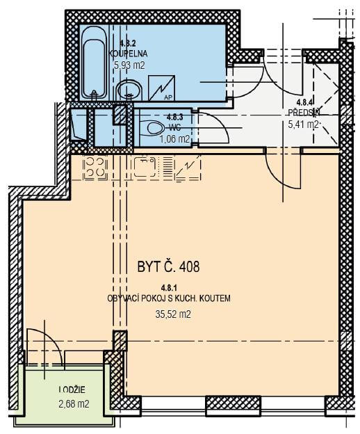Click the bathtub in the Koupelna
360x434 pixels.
pos(94,63)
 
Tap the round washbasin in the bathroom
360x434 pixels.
pos(129,90)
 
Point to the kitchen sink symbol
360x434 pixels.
pos(145,167)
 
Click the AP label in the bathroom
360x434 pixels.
pos(167,97)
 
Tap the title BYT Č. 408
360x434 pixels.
pos(168,267)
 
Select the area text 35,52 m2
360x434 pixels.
pos(173,314)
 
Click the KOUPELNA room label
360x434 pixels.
pos(129,54)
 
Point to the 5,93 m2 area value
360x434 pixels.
pos(129,65)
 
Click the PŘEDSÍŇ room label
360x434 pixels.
pos(304,113)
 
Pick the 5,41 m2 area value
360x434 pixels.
pos(303,124)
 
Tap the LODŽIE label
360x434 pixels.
pos(72,389)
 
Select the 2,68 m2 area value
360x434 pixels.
pos(74,404)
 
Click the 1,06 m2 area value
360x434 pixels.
pos(174,138)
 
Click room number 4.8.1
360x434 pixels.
pos(169,289)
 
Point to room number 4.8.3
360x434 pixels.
pos(174,117)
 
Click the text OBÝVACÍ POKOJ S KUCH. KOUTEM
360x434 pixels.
pos(169,299)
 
